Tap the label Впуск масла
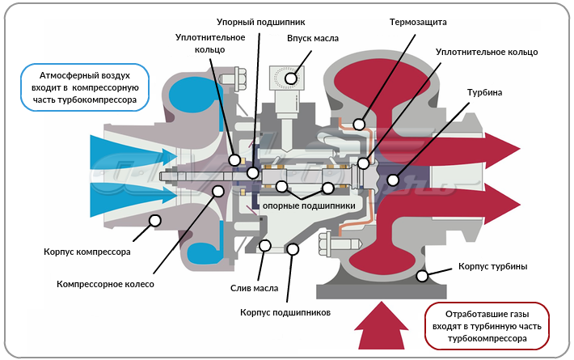coord(313,37)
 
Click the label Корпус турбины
coord(493,266)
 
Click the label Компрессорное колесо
coord(105,284)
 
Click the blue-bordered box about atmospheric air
coord(85,86)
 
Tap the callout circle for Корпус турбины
coord(422,277)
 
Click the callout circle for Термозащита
coord(358,125)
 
